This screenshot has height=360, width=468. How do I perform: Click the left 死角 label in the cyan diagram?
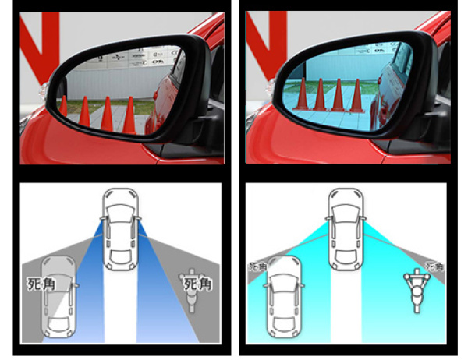point(257,267)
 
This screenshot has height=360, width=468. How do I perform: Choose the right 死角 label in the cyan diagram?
point(434,266)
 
